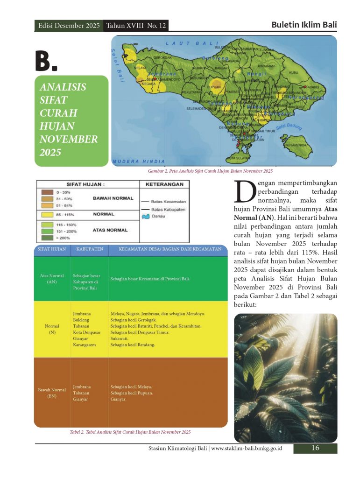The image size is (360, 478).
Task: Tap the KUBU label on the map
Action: (x=293, y=73)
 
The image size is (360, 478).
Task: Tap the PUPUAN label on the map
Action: (x=214, y=87)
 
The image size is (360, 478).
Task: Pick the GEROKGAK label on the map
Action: (x=163, y=57)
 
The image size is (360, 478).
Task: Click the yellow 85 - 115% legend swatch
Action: (x=47, y=214)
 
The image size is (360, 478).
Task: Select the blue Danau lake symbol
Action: (x=145, y=217)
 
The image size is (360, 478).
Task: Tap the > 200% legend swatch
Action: (x=47, y=238)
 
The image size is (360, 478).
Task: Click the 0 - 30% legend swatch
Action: (x=47, y=192)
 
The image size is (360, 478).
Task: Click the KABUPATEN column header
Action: (x=89, y=249)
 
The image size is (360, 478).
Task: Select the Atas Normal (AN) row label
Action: (x=52, y=279)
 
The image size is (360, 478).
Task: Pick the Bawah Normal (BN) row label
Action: (x=52, y=392)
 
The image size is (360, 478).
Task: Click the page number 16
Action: (x=315, y=448)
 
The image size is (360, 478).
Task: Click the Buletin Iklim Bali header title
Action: (x=304, y=25)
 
